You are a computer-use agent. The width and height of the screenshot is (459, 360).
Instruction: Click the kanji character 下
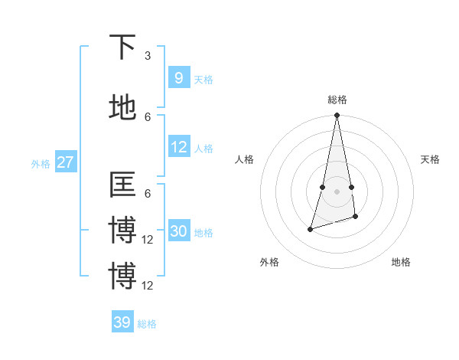122,47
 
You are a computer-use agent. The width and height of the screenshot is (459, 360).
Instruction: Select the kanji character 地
122,107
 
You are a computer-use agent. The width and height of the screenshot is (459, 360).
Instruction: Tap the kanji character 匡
122,185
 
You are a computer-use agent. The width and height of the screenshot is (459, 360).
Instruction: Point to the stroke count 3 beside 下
148,56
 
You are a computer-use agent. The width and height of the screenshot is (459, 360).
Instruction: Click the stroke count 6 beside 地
148,116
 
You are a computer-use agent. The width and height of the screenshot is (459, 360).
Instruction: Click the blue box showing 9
178,77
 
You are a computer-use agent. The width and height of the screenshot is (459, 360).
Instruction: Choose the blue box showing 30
178,231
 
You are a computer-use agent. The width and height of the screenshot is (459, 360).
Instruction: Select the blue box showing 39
122,322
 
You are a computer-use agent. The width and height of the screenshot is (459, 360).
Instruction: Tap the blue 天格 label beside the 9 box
203,80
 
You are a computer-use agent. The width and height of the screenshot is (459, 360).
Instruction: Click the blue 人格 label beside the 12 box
203,149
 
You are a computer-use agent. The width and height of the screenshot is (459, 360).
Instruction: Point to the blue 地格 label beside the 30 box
203,233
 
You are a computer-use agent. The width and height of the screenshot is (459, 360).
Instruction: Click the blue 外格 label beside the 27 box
41,163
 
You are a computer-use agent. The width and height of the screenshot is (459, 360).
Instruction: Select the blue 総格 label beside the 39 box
147,324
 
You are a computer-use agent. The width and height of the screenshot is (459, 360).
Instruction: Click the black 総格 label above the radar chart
337,100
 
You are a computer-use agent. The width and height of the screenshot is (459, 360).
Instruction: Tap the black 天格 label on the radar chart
430,159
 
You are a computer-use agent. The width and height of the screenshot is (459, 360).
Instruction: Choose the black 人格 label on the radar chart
245,159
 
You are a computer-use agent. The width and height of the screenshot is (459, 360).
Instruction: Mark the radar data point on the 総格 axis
337,116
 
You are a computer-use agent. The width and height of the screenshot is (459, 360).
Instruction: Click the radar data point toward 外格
310,228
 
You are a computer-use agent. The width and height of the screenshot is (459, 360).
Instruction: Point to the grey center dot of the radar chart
337,191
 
